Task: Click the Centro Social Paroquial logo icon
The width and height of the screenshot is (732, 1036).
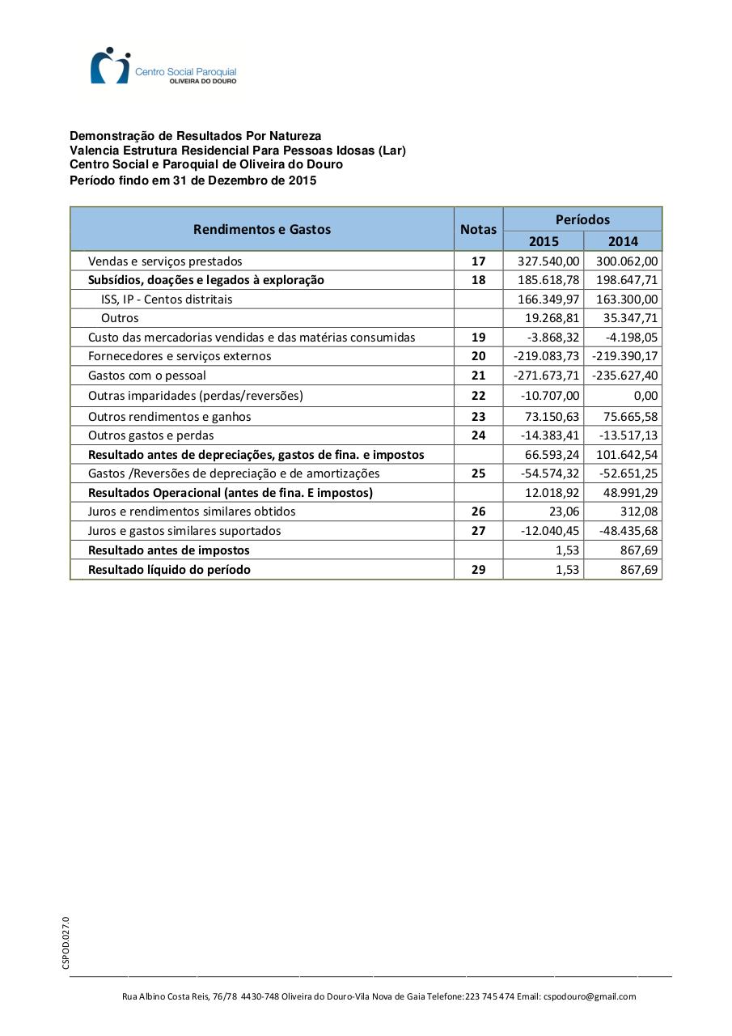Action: (110, 66)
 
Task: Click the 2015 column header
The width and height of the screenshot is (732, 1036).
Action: (544, 241)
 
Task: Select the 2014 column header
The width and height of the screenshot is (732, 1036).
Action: (623, 241)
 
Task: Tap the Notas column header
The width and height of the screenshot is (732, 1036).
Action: (478, 229)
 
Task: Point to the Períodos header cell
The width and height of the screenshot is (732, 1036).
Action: (582, 219)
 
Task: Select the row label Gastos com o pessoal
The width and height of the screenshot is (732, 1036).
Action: (147, 376)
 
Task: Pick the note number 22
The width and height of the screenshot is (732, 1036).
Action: (478, 396)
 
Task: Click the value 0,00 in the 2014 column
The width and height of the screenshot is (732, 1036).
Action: (645, 396)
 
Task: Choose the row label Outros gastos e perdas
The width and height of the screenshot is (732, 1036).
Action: (151, 435)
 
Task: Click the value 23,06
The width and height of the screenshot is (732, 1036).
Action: (562, 512)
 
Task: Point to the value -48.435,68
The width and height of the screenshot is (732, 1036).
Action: (624, 531)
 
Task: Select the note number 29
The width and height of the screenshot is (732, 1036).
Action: (478, 570)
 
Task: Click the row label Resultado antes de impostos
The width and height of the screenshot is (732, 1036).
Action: (169, 550)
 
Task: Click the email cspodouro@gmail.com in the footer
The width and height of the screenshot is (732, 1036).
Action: (590, 996)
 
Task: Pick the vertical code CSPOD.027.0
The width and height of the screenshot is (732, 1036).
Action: (66, 943)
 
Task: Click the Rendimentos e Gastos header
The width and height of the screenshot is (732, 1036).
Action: (262, 229)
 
